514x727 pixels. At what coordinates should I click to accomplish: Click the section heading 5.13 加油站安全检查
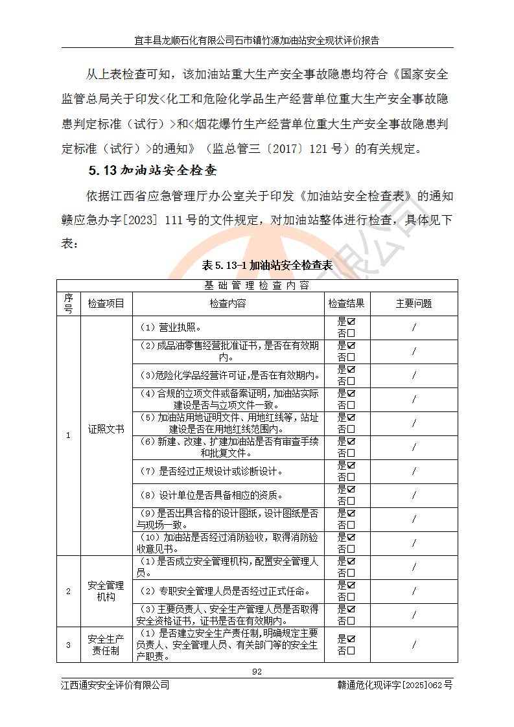pyautogui.click(x=152, y=172)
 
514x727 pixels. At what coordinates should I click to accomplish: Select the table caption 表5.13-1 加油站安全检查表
pyautogui.click(x=267, y=265)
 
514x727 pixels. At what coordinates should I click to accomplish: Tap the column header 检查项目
pyautogui.click(x=106, y=303)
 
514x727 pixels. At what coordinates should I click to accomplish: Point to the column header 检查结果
pyautogui.click(x=346, y=303)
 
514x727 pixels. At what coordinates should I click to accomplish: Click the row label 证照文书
pyautogui.click(x=106, y=429)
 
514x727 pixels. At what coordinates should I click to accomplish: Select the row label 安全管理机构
pyautogui.click(x=106, y=591)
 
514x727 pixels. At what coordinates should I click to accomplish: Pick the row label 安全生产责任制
pyautogui.click(x=106, y=645)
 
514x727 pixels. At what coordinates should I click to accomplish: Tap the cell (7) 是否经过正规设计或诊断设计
pyautogui.click(x=212, y=471)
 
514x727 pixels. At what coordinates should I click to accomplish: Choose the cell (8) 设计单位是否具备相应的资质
pyautogui.click(x=212, y=496)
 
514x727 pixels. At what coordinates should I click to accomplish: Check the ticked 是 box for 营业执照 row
pyautogui.click(x=351, y=321)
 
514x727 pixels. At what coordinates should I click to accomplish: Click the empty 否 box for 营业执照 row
pyautogui.click(x=351, y=333)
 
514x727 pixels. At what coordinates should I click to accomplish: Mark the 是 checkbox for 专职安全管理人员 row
pyautogui.click(x=351, y=586)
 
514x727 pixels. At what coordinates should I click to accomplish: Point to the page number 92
pyautogui.click(x=257, y=672)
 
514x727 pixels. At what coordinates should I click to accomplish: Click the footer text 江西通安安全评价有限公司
pyautogui.click(x=115, y=685)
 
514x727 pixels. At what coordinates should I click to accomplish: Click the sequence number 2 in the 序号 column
pyautogui.click(x=68, y=591)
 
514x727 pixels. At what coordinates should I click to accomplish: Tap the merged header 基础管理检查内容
pyautogui.click(x=257, y=285)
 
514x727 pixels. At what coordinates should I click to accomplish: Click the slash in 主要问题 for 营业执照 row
pyautogui.click(x=414, y=327)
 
